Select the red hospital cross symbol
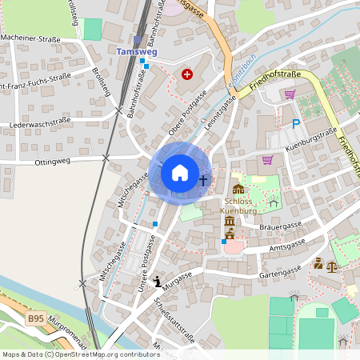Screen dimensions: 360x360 click(x=187, y=74)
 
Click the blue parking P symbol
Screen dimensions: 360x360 click(x=296, y=124)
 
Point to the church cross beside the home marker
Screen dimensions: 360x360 click(x=203, y=180)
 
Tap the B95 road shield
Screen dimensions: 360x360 click(x=35, y=318)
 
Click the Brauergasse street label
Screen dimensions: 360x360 click(x=279, y=227)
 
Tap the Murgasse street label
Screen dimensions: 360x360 click(x=178, y=274)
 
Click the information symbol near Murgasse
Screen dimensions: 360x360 click(x=158, y=281)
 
